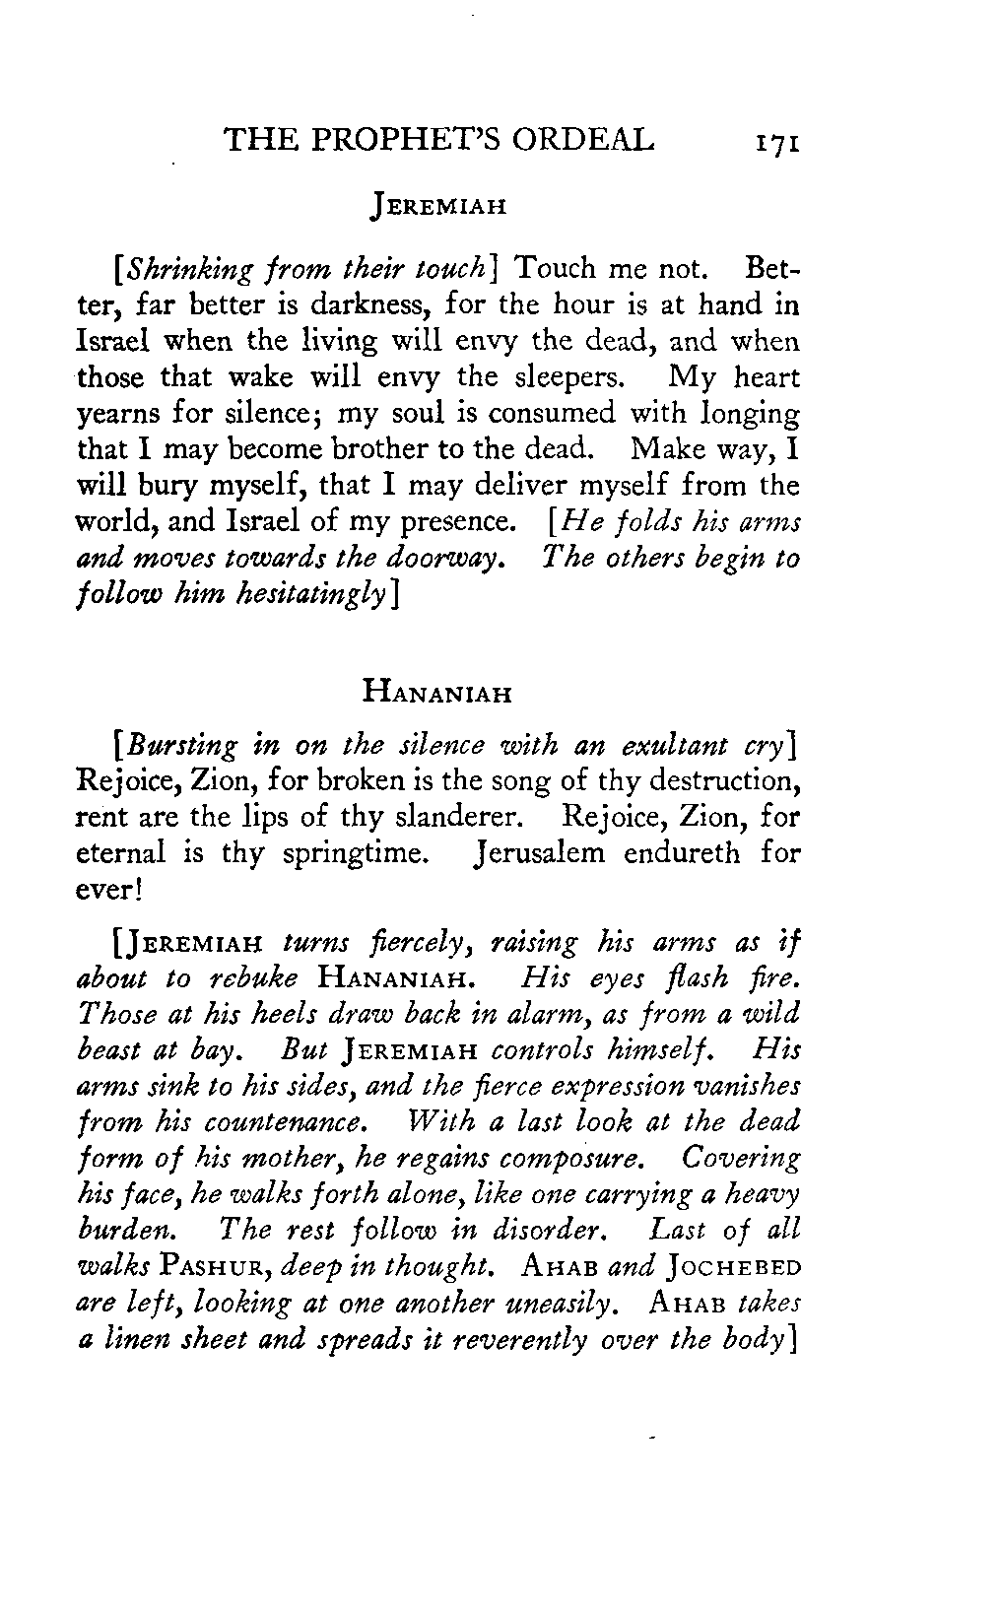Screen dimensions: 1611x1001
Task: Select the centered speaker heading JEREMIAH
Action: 435,209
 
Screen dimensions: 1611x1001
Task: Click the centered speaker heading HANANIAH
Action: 435,694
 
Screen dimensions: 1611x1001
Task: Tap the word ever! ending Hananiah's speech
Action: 102,889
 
